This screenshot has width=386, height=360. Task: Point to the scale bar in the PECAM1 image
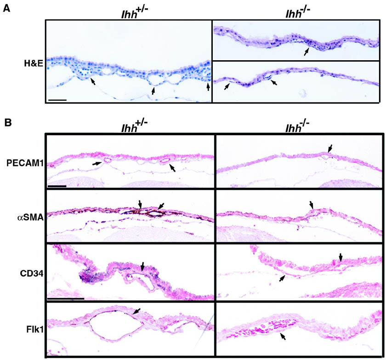(x=57, y=186)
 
